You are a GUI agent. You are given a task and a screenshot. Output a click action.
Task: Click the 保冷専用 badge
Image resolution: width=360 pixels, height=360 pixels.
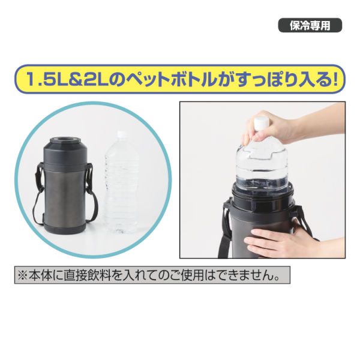310,26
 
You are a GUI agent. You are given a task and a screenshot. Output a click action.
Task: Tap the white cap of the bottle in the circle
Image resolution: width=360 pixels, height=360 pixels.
120,136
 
